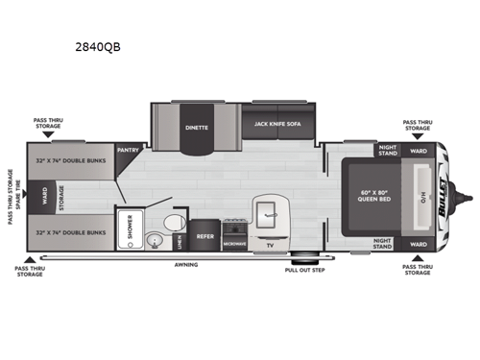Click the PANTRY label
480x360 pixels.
[128, 151]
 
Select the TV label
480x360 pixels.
[271, 245]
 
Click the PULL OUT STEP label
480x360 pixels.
[303, 271]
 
